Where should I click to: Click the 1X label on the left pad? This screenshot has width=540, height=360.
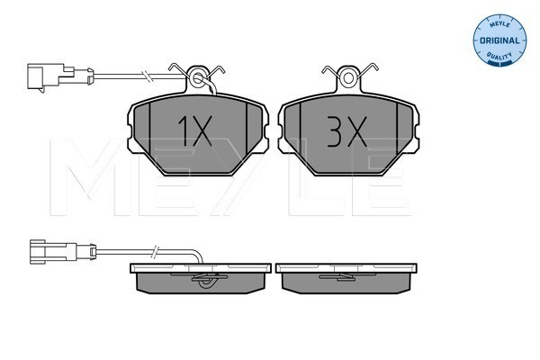pyautogui.click(x=194, y=130)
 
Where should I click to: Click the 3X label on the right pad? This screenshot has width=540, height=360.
pyautogui.click(x=347, y=131)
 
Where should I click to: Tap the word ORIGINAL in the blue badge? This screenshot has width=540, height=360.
pyautogui.click(x=499, y=40)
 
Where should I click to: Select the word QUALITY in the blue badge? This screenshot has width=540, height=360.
pyautogui.click(x=499, y=55)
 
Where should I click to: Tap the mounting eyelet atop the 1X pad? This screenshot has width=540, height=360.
pyautogui.click(x=197, y=79)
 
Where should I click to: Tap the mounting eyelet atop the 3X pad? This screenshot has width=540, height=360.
pyautogui.click(x=348, y=78)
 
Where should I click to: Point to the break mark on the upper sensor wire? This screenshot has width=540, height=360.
pyautogui.click(x=148, y=76)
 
